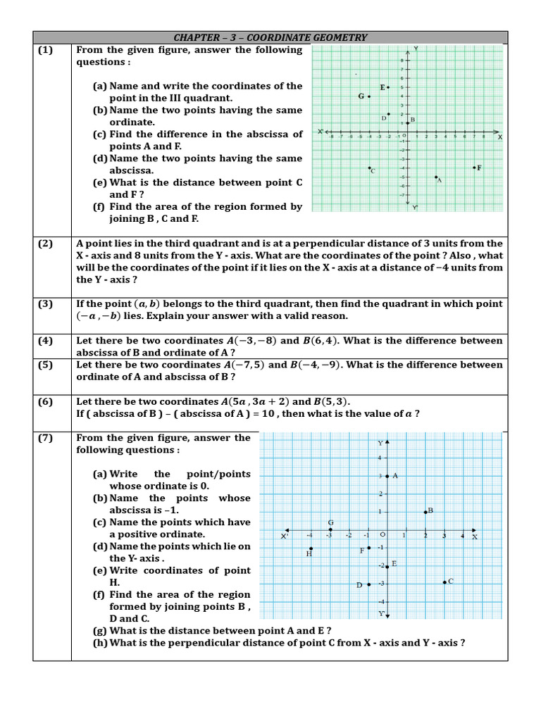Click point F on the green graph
tap(473, 168)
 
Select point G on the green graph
tap(369, 96)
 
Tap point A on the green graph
tap(436, 177)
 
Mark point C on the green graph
tap(369, 168)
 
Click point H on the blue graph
tap(311, 548)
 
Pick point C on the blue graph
tap(444, 582)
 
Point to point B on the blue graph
tap(425, 512)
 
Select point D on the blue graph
tap(368, 584)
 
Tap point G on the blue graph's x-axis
tap(330, 529)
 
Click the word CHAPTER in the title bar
tap(196, 37)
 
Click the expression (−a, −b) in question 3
tap(98, 316)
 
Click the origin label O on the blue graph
tap(383, 536)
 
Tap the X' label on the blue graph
tap(285, 537)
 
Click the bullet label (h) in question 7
tap(101, 643)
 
